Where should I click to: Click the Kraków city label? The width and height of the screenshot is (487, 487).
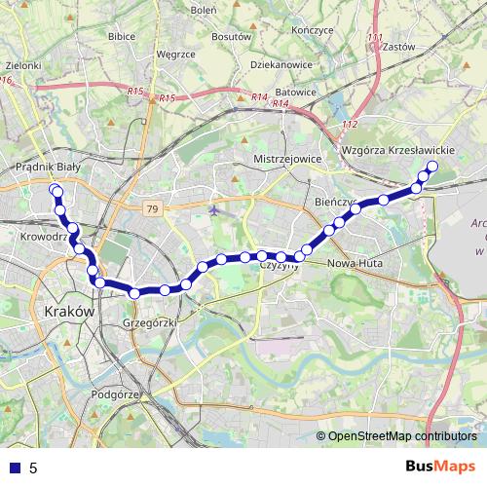[70, 312]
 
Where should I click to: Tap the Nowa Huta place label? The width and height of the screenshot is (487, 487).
[355, 264]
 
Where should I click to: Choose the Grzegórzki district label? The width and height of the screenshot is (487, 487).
[149, 322]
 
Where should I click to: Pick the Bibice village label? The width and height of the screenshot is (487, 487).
[122, 36]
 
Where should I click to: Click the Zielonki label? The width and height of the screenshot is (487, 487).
[22, 65]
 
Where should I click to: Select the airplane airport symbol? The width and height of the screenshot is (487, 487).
[214, 208]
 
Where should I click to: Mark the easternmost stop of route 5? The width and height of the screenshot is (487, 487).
[431, 167]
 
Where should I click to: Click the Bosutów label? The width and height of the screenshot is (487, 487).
[231, 35]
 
